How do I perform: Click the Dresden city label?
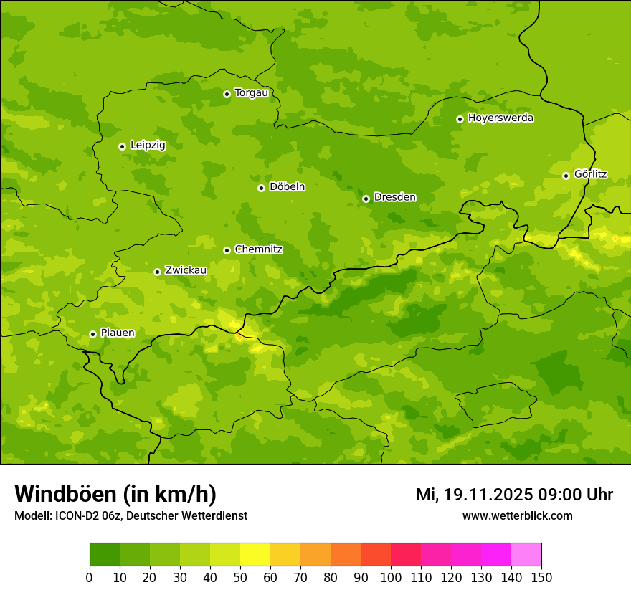[x=394, y=197]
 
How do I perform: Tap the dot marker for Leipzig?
[x=122, y=146]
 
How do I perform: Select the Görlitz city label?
[x=590, y=174]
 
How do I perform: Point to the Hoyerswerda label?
[x=500, y=118]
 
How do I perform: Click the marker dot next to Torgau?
[x=227, y=94]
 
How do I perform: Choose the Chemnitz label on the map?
[x=258, y=249]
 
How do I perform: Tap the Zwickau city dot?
[x=157, y=272]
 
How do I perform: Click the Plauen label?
[x=118, y=333]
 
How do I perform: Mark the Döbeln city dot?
[x=261, y=188]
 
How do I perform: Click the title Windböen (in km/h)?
[x=115, y=494]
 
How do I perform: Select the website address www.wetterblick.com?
[x=517, y=516]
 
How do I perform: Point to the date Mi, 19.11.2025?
[x=473, y=495]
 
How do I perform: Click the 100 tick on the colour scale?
[x=391, y=577]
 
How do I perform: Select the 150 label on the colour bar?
[x=541, y=577]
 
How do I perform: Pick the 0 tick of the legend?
[x=90, y=577]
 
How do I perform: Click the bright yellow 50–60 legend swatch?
[x=255, y=555]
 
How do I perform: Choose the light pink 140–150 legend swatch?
[x=526, y=555]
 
